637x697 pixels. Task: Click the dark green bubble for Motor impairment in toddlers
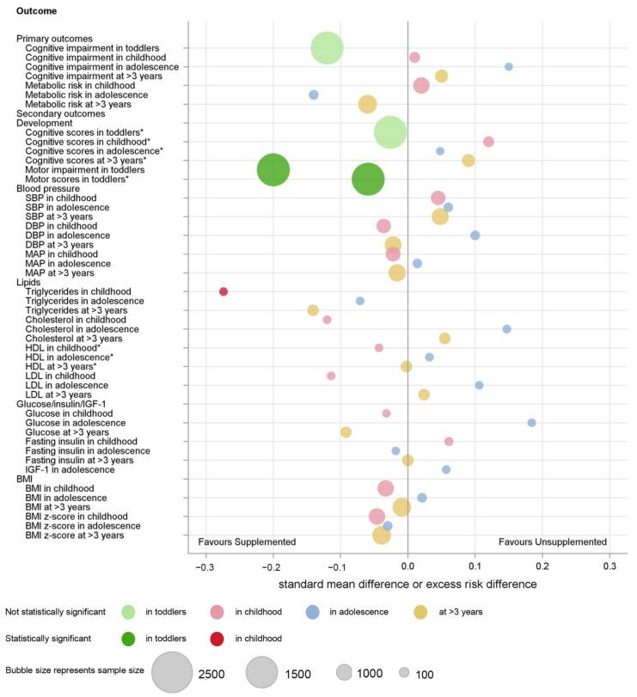273,169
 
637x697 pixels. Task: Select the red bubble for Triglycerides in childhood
224,291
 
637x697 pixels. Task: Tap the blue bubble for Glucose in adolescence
531,422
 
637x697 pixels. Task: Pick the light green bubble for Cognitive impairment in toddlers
327,48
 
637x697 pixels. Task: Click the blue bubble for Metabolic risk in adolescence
314,95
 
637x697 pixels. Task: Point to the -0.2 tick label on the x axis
273,567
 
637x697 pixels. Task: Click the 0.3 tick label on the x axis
609,567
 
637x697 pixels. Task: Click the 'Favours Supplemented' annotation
247,542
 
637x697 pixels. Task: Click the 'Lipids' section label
29,282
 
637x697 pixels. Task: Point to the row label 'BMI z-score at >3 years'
75,535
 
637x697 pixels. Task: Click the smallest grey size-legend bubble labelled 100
404,674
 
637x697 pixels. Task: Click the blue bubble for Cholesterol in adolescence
506,329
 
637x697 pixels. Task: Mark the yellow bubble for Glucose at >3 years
346,431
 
